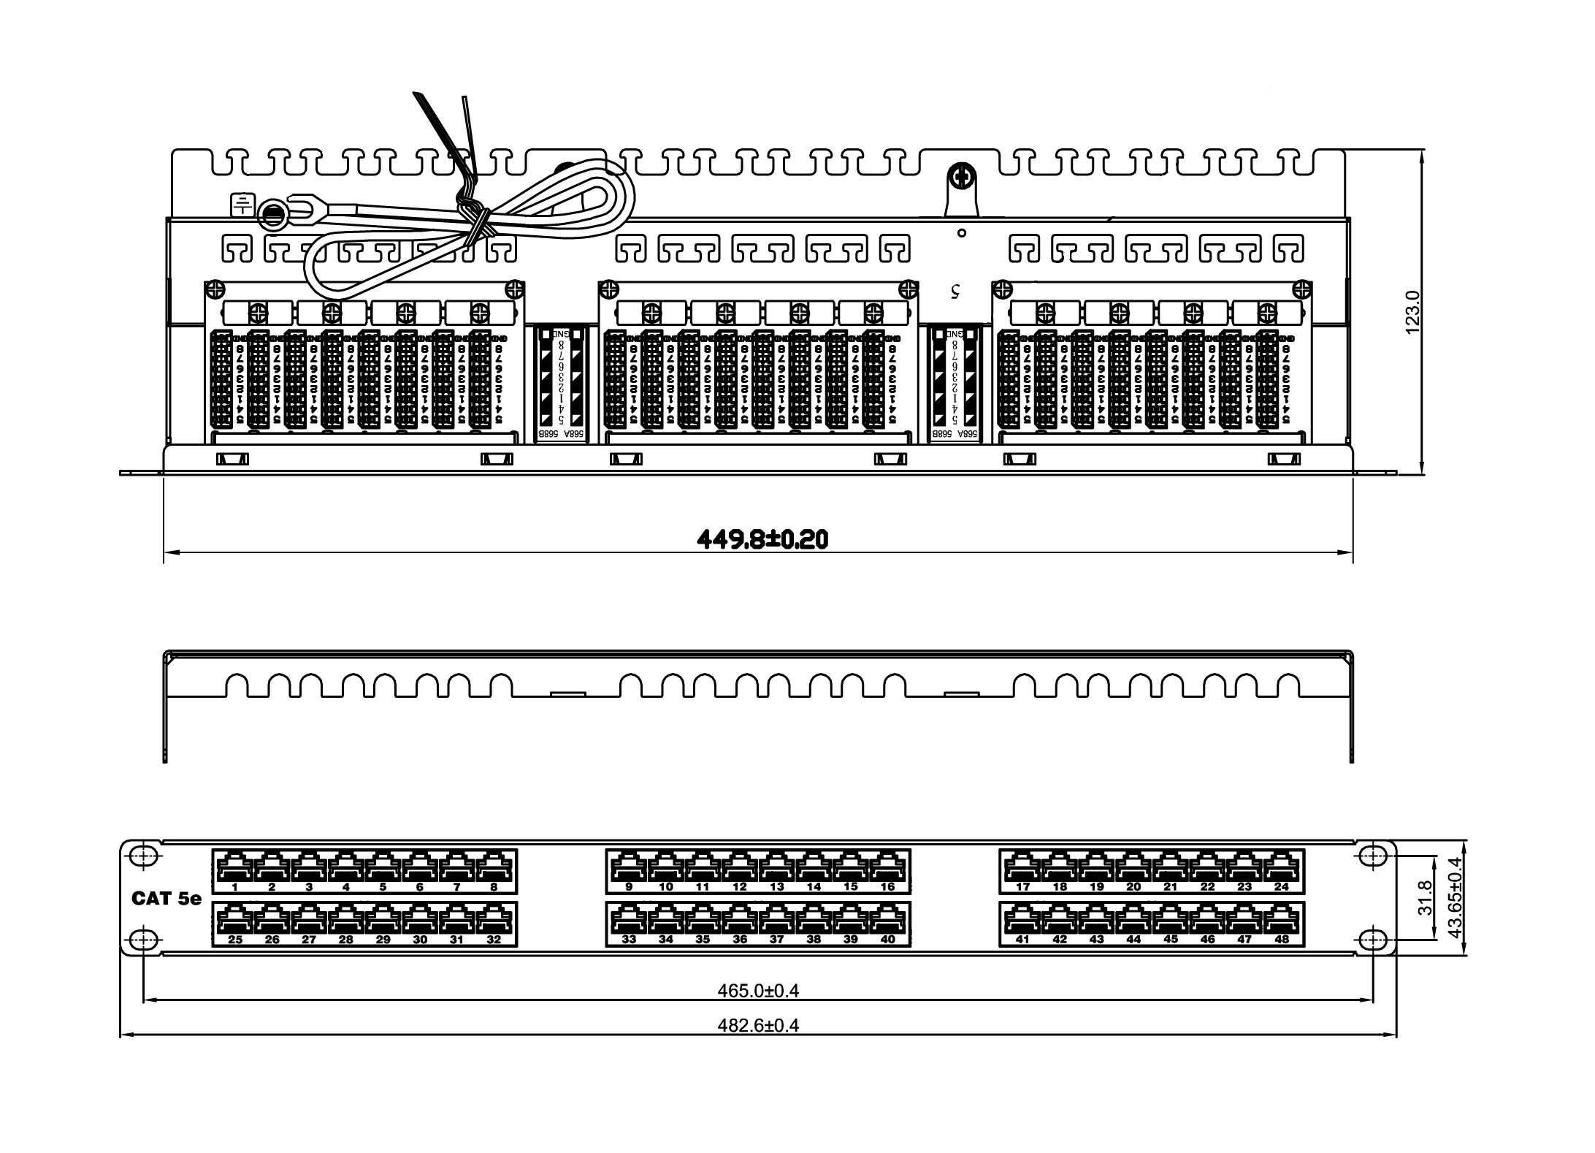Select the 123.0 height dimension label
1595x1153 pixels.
[x=1412, y=312]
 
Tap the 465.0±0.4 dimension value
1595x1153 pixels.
[x=758, y=990]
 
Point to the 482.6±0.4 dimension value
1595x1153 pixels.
[x=758, y=1025]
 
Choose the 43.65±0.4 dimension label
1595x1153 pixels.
[x=1454, y=897]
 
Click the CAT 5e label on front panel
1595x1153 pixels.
[x=167, y=898]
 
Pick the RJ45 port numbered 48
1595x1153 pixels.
[x=1282, y=921]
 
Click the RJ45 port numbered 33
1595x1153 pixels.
[x=629, y=921]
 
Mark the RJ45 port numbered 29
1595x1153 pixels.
[x=383, y=921]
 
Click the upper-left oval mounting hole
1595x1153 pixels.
[x=145, y=857]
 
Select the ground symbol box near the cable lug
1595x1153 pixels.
[x=242, y=205]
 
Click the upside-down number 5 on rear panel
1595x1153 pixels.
[x=955, y=291]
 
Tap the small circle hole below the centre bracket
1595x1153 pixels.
[x=962, y=233]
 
